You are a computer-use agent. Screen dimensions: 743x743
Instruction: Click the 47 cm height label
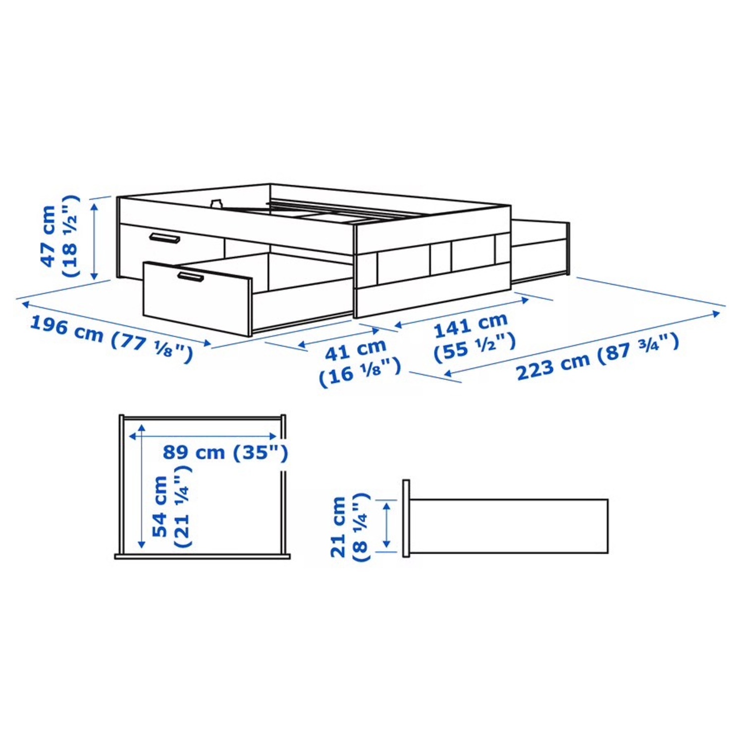[49, 236]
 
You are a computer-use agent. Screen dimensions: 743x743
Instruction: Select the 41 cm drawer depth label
[355, 350]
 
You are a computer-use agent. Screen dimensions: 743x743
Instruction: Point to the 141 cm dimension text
[471, 324]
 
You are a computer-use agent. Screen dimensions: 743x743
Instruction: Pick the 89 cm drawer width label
[194, 452]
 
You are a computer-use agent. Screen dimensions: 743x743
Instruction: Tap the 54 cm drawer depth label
[160, 507]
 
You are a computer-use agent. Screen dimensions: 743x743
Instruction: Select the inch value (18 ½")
[70, 236]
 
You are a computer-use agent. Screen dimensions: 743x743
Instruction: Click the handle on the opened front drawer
[190, 277]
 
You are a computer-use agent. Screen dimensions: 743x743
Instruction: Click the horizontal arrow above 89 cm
[203, 436]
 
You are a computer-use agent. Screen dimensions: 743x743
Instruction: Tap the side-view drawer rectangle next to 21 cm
[509, 526]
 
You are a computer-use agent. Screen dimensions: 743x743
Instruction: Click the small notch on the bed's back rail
[216, 203]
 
